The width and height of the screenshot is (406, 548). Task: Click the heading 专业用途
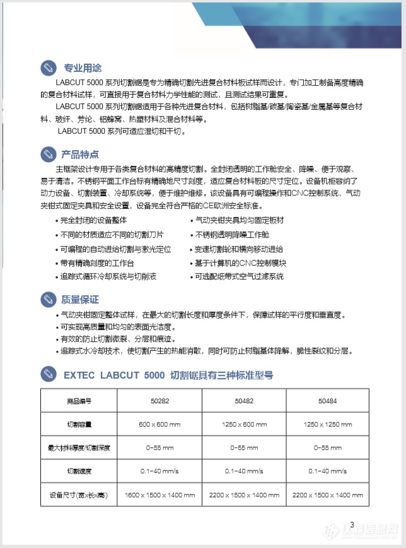click(x=83, y=68)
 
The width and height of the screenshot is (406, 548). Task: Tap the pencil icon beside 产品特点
click(x=48, y=154)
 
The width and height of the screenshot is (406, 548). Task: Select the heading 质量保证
click(x=80, y=299)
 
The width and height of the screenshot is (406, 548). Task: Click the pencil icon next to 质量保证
click(x=48, y=299)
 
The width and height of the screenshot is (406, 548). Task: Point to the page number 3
click(x=352, y=523)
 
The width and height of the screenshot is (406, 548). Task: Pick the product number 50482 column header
click(x=242, y=401)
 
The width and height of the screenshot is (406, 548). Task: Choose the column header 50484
click(x=327, y=401)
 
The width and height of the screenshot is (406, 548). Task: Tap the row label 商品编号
click(x=79, y=401)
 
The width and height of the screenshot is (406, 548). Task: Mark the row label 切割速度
click(x=79, y=471)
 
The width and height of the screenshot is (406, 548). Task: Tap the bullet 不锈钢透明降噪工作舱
click(x=231, y=234)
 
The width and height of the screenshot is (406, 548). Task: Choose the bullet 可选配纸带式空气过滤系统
click(x=239, y=277)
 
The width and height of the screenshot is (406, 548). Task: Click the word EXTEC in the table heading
click(x=79, y=375)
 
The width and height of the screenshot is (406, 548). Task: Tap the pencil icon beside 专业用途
click(x=48, y=68)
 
